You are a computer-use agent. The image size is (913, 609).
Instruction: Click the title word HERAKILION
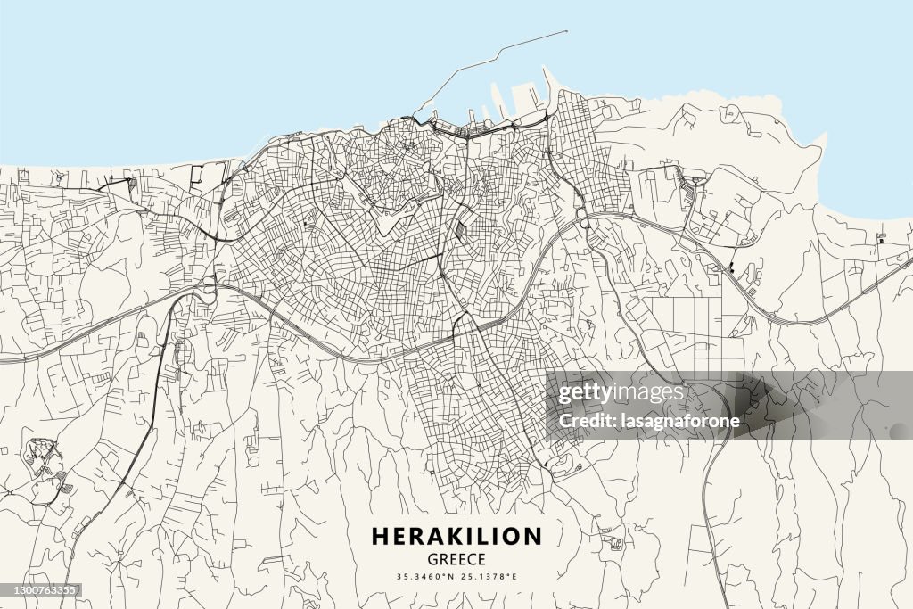[456, 536]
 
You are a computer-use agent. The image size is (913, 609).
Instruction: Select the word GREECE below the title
[456, 560]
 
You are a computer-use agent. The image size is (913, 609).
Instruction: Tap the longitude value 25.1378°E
[489, 577]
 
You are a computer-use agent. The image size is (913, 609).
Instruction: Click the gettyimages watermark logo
[621, 392]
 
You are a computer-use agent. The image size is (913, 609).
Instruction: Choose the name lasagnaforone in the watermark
[687, 421]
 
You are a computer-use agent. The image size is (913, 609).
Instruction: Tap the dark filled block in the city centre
[460, 231]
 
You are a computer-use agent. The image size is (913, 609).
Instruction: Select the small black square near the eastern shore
[881, 239]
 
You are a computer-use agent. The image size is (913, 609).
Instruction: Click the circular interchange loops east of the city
[583, 218]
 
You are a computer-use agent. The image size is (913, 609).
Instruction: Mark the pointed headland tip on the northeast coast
[824, 136]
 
